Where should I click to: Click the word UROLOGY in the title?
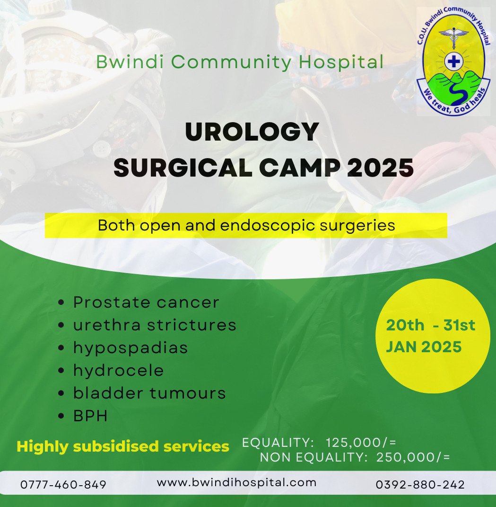(252, 133)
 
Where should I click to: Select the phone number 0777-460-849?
(63, 485)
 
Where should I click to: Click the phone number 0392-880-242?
(420, 485)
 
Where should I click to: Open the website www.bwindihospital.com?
(236, 482)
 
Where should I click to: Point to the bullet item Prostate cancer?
(146, 302)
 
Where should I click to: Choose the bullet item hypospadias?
(131, 348)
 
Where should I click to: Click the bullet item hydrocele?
(118, 370)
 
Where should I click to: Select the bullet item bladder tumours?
(149, 393)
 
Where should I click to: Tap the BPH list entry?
(90, 416)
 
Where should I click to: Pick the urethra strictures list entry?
(155, 325)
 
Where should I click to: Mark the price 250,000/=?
(413, 457)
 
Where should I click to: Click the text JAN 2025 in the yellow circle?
(424, 347)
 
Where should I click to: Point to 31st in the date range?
(459, 325)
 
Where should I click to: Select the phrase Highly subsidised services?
(123, 446)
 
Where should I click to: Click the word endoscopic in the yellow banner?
(258, 225)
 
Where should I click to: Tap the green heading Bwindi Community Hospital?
(239, 62)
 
